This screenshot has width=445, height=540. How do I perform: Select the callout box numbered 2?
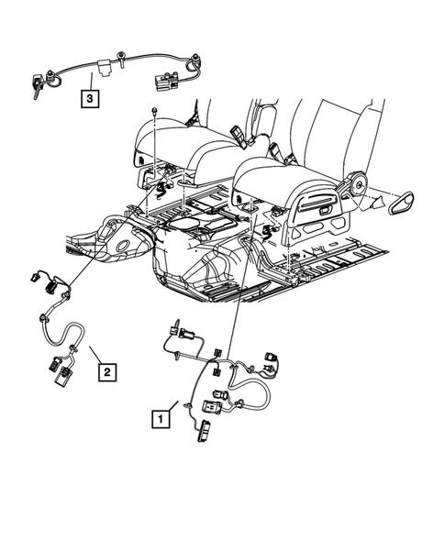click(107, 371)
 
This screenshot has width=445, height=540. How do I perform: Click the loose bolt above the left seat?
click(157, 112)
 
